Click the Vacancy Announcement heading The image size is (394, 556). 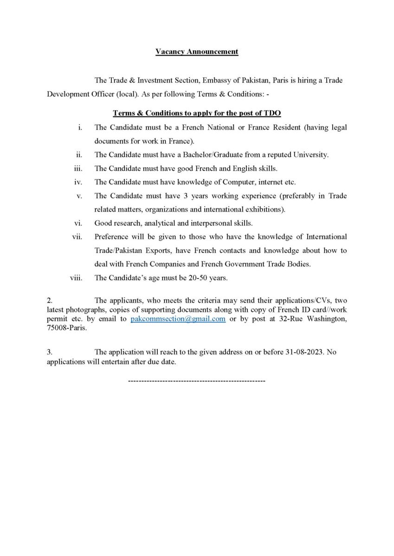coord(197,51)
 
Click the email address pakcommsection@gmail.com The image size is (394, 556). coord(178,319)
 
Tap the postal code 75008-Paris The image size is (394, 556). coord(67,328)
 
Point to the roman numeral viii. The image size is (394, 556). coord(76,278)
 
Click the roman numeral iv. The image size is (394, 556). coord(78,182)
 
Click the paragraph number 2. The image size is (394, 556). coord(49,301)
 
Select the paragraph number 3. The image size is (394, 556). coord(49,352)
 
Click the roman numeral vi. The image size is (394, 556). coord(78,223)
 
